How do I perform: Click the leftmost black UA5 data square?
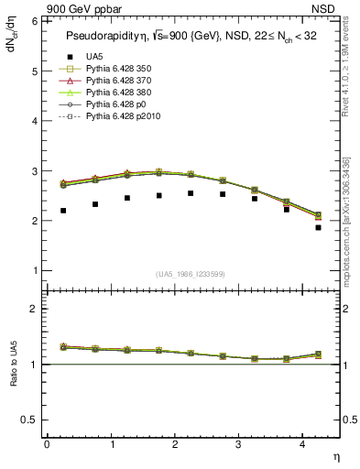pos(63,211)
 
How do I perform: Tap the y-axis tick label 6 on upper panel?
pos(34,21)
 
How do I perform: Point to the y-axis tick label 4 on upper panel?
pos(34,121)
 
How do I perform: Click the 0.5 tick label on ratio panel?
pos(30,420)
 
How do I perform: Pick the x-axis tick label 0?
pos(47,444)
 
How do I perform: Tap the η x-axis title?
pos(334,455)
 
